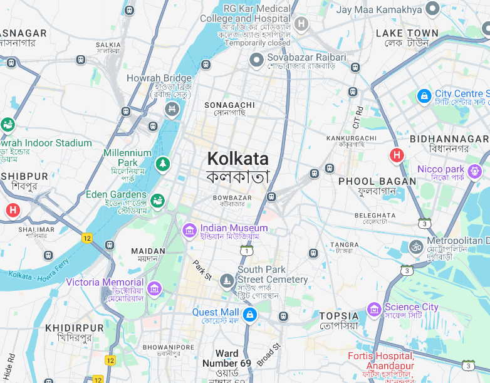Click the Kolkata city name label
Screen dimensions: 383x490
[237, 159]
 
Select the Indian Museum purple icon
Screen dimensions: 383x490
[189, 231]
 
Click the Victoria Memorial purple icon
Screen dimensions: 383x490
[154, 288]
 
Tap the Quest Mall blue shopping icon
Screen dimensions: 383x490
[249, 313]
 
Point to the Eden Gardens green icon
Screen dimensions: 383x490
[157, 200]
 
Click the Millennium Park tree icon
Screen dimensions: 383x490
[163, 164]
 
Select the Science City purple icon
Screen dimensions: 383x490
[374, 308]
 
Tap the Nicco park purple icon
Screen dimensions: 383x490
[475, 170]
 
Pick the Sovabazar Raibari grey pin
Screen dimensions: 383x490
[256, 60]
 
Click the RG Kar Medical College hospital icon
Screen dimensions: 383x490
[301, 24]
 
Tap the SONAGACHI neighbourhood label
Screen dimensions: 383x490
[230, 105]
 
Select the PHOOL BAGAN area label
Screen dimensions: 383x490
[377, 181]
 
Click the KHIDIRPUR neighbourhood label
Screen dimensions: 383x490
[75, 328]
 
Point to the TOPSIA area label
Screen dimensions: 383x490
[339, 316]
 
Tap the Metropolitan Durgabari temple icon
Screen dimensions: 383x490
[415, 246]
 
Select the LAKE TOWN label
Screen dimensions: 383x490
[407, 33]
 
